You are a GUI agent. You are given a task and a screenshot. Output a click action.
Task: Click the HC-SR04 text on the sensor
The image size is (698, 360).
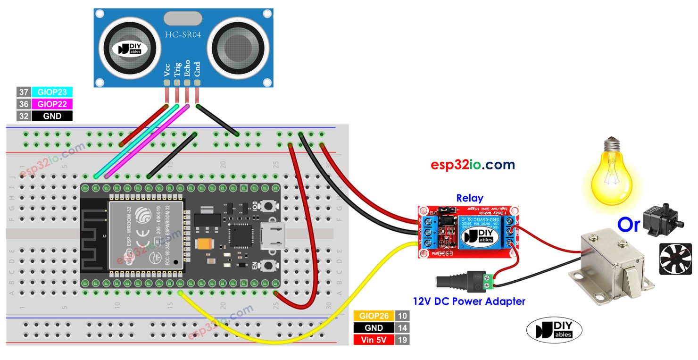click(x=182, y=35)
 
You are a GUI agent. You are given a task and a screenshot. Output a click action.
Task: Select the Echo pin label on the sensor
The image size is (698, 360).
click(x=187, y=68)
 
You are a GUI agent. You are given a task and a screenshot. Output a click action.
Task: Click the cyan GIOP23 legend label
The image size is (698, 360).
click(x=52, y=92)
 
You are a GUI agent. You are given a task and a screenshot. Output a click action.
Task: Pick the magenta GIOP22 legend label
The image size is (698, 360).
click(x=52, y=104)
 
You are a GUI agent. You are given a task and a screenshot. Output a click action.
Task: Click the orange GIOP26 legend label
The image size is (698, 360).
click(x=374, y=316)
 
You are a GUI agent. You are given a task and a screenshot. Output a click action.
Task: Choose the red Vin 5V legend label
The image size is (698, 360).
click(x=374, y=340)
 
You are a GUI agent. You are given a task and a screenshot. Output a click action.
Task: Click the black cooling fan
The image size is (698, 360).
click(x=675, y=259)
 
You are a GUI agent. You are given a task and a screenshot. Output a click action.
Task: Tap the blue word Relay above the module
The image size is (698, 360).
click(x=469, y=198)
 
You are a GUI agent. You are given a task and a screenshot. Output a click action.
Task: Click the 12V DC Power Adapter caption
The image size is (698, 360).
click(x=469, y=301)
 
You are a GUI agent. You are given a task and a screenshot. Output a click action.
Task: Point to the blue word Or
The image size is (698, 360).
click(x=629, y=226)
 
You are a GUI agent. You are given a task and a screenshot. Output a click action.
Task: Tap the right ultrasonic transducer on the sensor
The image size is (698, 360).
click(x=235, y=49)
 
